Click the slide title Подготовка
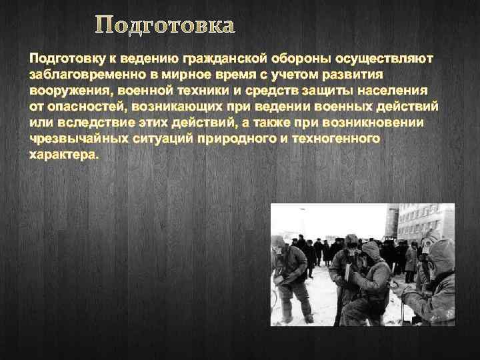165,26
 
